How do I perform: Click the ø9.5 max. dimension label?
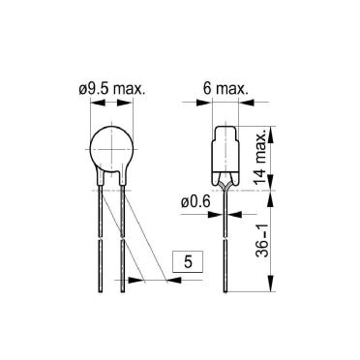(112, 89)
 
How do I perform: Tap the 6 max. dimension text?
(225, 88)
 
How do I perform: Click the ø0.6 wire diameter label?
(195, 202)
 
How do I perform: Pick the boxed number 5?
(188, 261)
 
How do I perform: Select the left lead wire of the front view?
(101, 239)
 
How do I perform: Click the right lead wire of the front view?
(123, 239)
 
